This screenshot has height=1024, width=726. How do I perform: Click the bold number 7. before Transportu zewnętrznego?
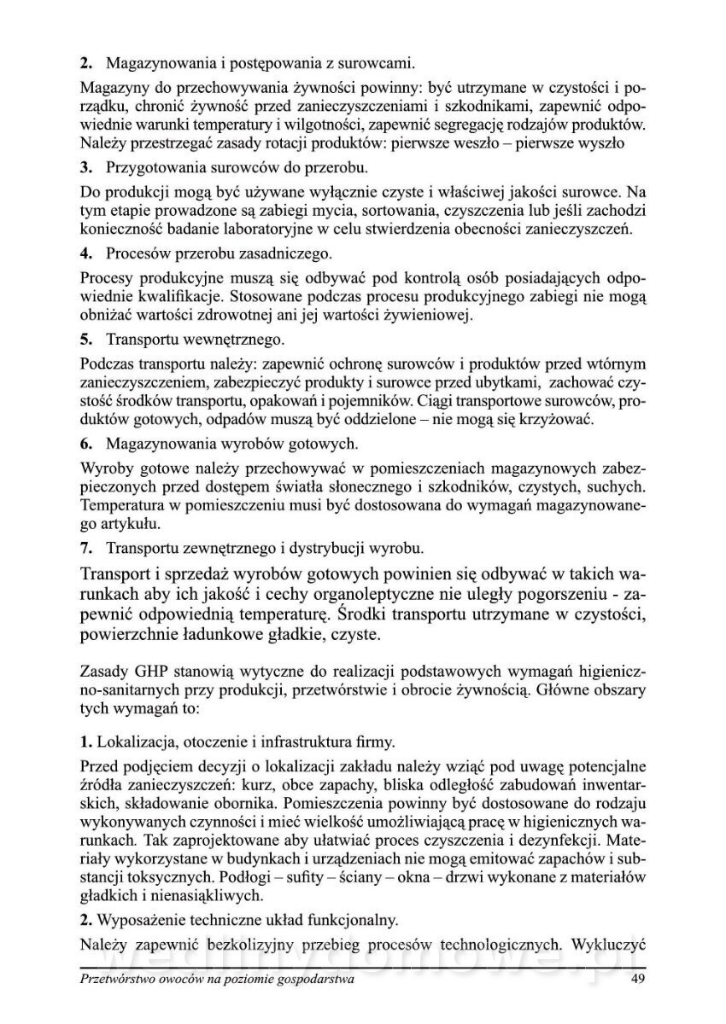click(85, 546)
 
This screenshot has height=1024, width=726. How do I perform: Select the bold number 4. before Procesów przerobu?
click(85, 253)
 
